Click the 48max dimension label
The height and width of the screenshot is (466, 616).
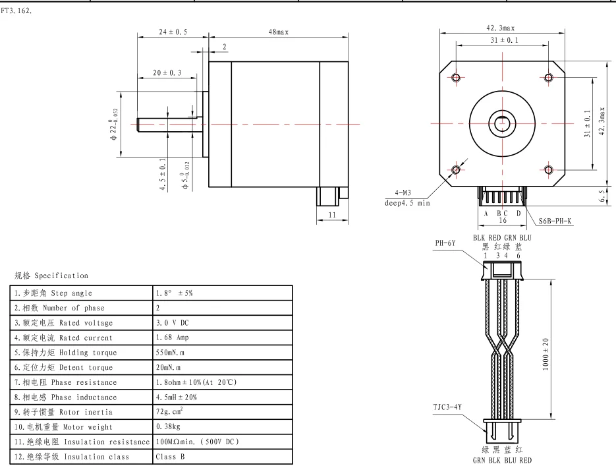(x=278, y=32)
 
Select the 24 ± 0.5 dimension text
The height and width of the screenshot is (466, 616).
(x=173, y=32)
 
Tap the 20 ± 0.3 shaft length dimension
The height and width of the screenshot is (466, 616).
(x=167, y=73)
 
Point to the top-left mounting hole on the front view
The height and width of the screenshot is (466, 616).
(x=456, y=77)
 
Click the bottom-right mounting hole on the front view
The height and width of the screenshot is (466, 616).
(x=548, y=170)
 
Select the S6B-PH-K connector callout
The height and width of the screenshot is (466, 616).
(x=555, y=221)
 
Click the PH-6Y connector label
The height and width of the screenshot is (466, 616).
(x=445, y=243)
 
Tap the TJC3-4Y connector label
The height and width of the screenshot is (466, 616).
(x=447, y=407)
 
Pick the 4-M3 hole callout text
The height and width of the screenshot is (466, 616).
(x=403, y=192)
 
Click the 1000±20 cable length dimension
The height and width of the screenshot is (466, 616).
(x=546, y=354)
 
